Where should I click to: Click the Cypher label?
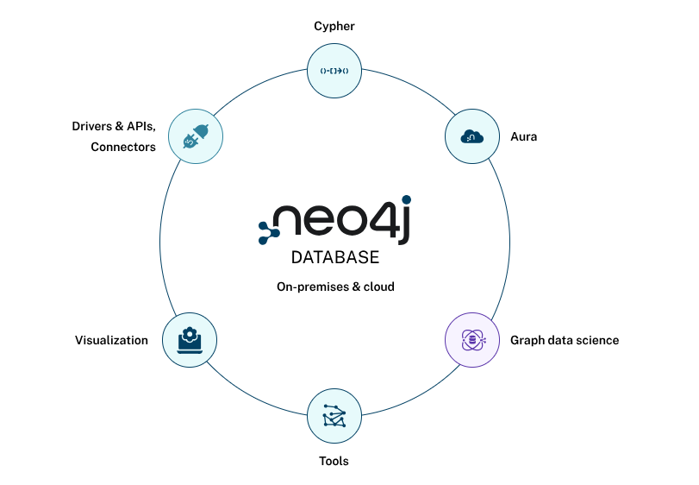(x=334, y=27)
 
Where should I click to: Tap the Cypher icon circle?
(x=334, y=70)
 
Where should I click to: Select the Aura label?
(x=523, y=136)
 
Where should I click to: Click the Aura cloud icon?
(x=471, y=136)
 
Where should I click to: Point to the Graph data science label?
(x=565, y=340)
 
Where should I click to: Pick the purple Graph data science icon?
(x=471, y=340)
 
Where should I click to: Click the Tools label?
(x=334, y=461)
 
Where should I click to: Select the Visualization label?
(x=111, y=340)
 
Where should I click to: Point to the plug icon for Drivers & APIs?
(x=196, y=136)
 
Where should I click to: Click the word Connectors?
(x=123, y=148)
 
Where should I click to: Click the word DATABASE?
(x=335, y=258)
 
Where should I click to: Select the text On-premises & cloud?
(x=335, y=286)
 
